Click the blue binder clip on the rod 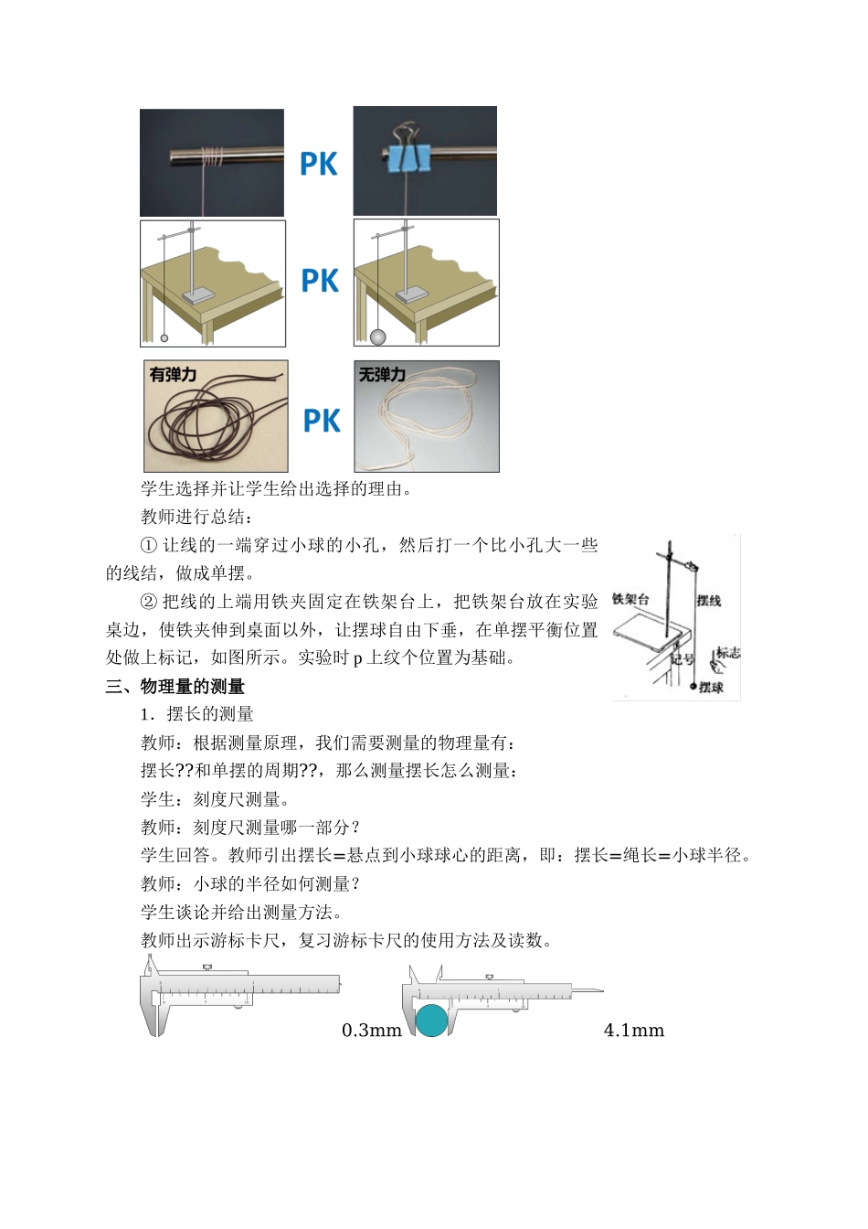[x=408, y=158]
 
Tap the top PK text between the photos [x=319, y=165]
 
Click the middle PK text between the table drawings [x=320, y=281]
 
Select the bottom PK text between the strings [x=322, y=421]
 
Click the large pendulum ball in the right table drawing [x=377, y=337]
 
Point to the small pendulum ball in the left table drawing [x=164, y=338]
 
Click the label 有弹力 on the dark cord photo [x=173, y=375]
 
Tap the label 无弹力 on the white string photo [x=382, y=375]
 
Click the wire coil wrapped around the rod [x=212, y=157]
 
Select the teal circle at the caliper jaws [x=432, y=1020]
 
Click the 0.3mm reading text [x=372, y=1031]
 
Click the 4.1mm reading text [x=634, y=1031]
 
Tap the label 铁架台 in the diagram [x=630, y=599]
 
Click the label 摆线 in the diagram [x=709, y=601]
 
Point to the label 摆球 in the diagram [x=711, y=687]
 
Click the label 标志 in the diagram [x=728, y=652]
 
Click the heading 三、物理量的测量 [x=175, y=686]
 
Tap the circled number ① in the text [x=149, y=545]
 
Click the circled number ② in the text [x=149, y=602]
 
